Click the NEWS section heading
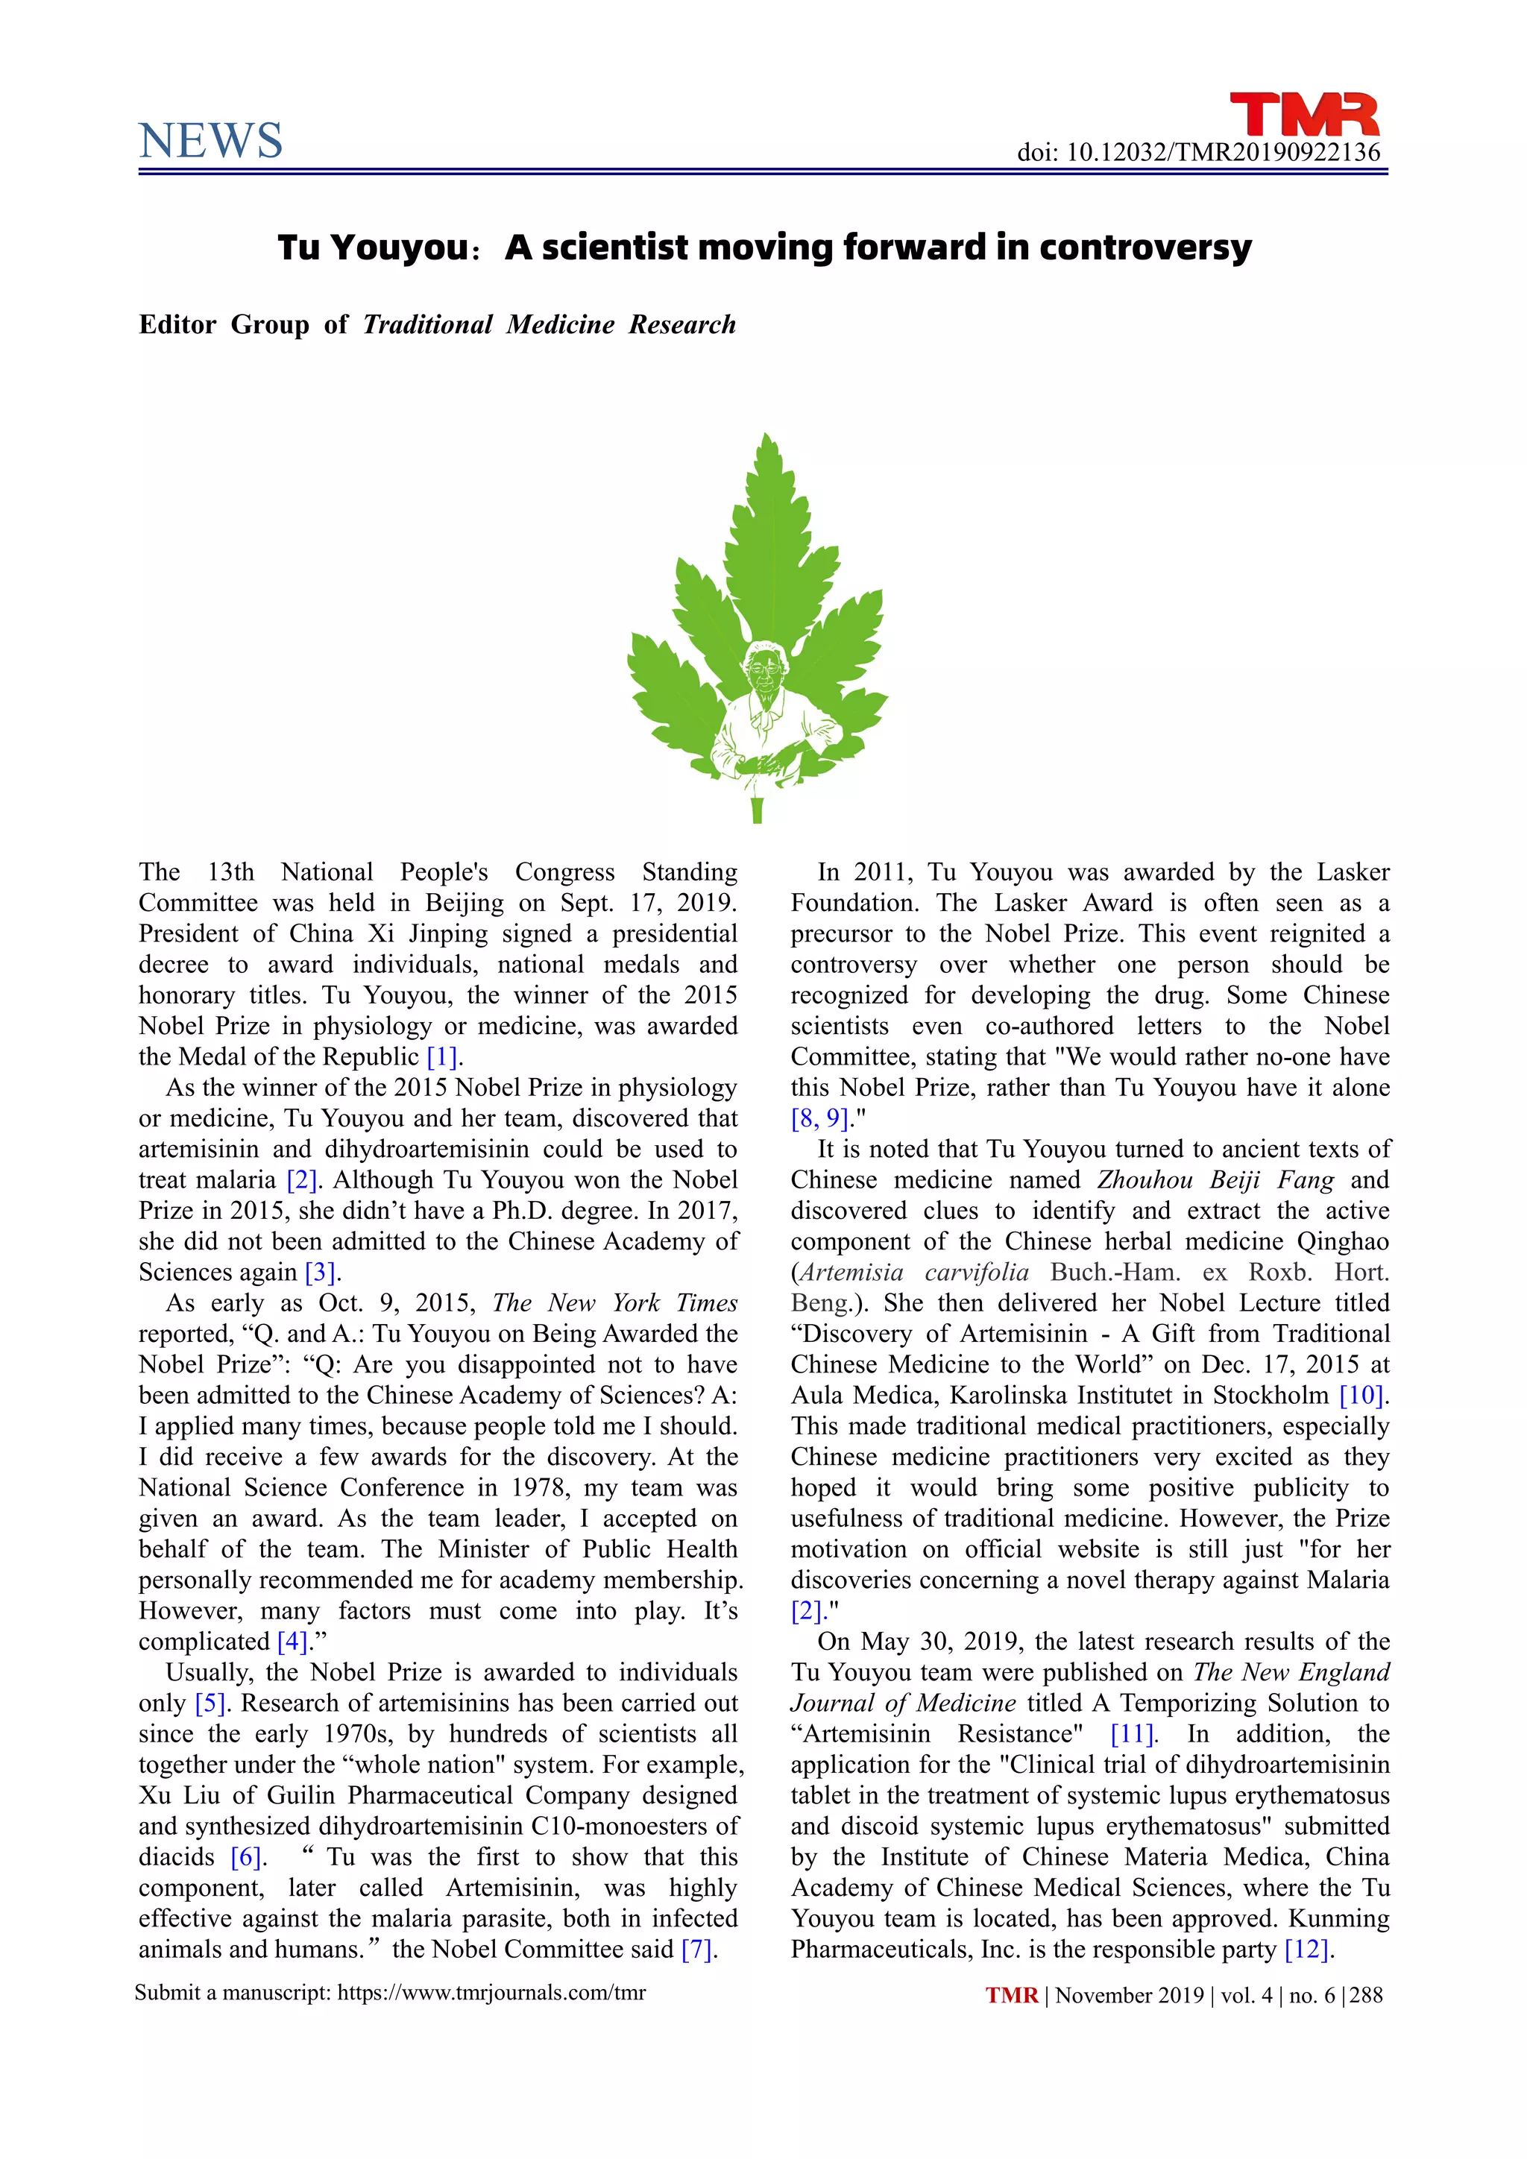pos(210,141)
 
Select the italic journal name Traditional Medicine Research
pos(549,324)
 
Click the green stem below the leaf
pos(757,810)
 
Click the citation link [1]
pos(441,1057)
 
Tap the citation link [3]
pos(321,1273)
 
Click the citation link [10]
pos(1361,1396)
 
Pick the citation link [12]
pos(1307,1950)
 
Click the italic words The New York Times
pos(615,1303)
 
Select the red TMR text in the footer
pos(1012,1996)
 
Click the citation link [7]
pos(696,1950)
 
